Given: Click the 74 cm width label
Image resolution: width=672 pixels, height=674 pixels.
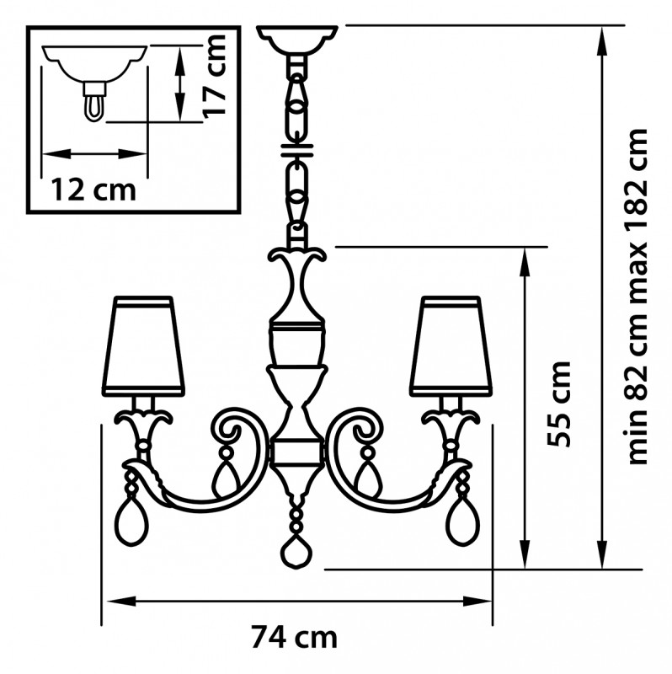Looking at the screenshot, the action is point(294,638).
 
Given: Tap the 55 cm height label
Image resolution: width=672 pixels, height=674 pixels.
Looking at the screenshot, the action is point(558,404).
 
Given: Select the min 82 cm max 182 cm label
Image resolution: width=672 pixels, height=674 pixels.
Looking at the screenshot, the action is point(637,297).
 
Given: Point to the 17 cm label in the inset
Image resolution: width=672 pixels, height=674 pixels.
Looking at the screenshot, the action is point(214,76).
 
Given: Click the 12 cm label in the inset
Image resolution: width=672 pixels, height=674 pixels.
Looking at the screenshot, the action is point(93,190).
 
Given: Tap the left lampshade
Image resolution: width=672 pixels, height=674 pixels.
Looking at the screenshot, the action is point(143,345).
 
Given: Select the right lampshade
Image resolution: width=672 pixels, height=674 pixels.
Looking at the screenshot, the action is point(451,345).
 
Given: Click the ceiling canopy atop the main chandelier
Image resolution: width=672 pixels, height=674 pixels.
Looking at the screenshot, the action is point(297,40).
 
